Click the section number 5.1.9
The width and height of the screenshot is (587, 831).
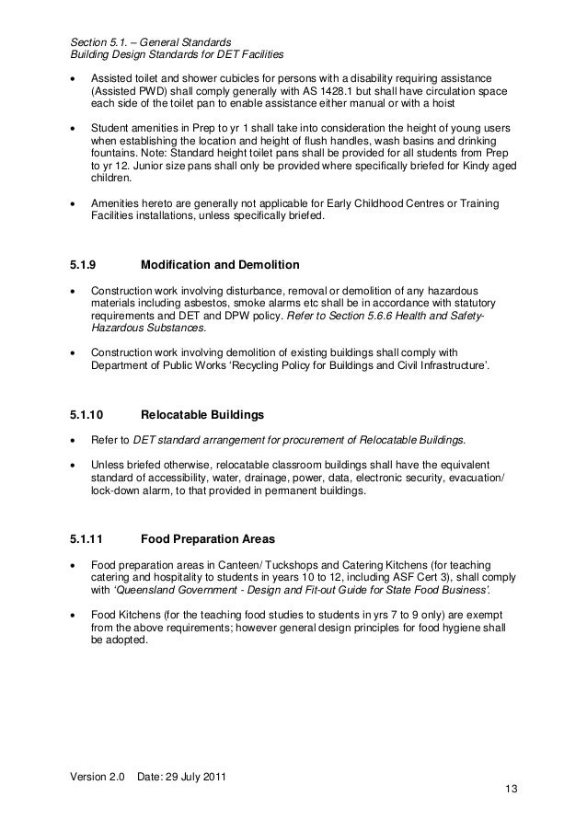[86, 266]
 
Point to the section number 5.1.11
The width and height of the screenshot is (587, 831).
[90, 538]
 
